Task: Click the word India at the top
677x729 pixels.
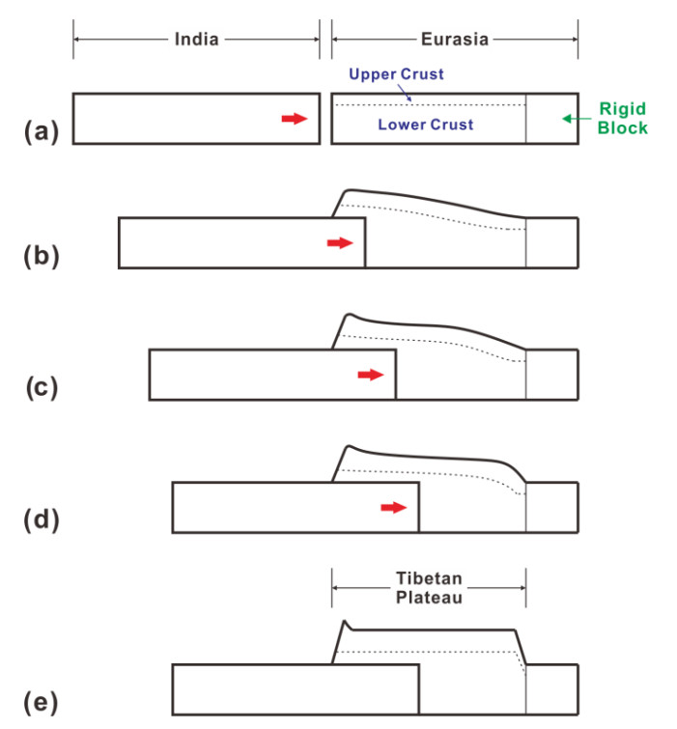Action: click(197, 40)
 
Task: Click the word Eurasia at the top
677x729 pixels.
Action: click(455, 40)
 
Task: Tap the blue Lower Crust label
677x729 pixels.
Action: click(426, 125)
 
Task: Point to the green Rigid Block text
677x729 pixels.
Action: click(623, 119)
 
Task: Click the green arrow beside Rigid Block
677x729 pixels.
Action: click(577, 119)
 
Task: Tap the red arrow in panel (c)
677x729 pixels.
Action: click(371, 375)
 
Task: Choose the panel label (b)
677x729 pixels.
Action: click(42, 257)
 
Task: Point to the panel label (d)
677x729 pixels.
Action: click(42, 519)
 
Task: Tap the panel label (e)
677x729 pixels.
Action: click(42, 702)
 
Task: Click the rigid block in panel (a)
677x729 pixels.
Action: click(552, 119)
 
